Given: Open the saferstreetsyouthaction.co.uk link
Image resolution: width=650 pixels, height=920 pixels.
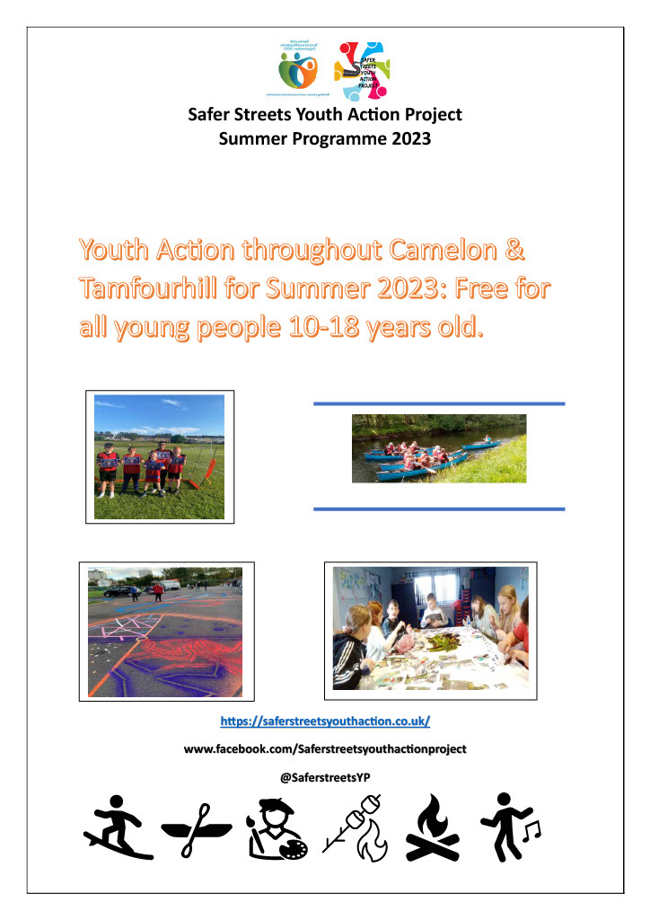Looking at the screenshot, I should tap(325, 721).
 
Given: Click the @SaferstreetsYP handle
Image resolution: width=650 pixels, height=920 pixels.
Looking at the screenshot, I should tap(325, 778).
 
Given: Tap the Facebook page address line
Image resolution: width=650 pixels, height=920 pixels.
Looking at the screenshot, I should tap(325, 748).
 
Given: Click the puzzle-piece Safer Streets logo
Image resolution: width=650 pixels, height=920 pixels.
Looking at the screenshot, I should tap(361, 70).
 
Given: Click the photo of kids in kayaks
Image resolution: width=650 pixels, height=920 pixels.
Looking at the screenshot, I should tap(438, 448).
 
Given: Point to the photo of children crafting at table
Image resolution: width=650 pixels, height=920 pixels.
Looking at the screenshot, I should tap(430, 629).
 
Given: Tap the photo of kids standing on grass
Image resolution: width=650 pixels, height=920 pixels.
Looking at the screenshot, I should tap(159, 456).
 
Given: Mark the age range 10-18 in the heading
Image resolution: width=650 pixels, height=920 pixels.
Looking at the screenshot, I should tap(315, 326).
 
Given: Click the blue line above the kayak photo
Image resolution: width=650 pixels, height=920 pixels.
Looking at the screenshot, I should tap(438, 404).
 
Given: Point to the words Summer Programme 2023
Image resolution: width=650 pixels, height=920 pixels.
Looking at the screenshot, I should tap(325, 139).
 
